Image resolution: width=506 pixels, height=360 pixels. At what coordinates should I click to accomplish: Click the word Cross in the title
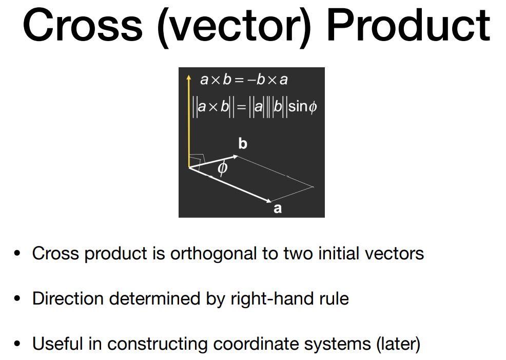83,25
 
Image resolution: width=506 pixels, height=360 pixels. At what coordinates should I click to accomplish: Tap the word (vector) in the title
235,27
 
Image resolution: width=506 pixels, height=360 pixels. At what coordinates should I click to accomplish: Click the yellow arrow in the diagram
189,121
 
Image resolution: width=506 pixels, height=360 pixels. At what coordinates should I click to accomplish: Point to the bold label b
243,143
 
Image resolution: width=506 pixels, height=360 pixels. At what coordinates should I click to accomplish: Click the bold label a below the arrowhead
278,209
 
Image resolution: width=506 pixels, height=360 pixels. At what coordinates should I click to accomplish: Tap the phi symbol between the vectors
222,168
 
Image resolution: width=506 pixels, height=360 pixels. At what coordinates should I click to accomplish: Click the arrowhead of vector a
268,201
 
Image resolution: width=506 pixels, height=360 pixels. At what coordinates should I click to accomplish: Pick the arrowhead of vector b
235,157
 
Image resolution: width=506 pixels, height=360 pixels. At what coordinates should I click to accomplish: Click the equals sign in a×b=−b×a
239,80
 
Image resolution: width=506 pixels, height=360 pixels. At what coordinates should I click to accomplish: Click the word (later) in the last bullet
398,344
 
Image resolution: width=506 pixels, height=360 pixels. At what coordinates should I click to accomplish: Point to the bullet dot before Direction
17,298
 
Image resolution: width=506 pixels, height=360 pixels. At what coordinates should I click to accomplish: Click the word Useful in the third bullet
58,344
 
